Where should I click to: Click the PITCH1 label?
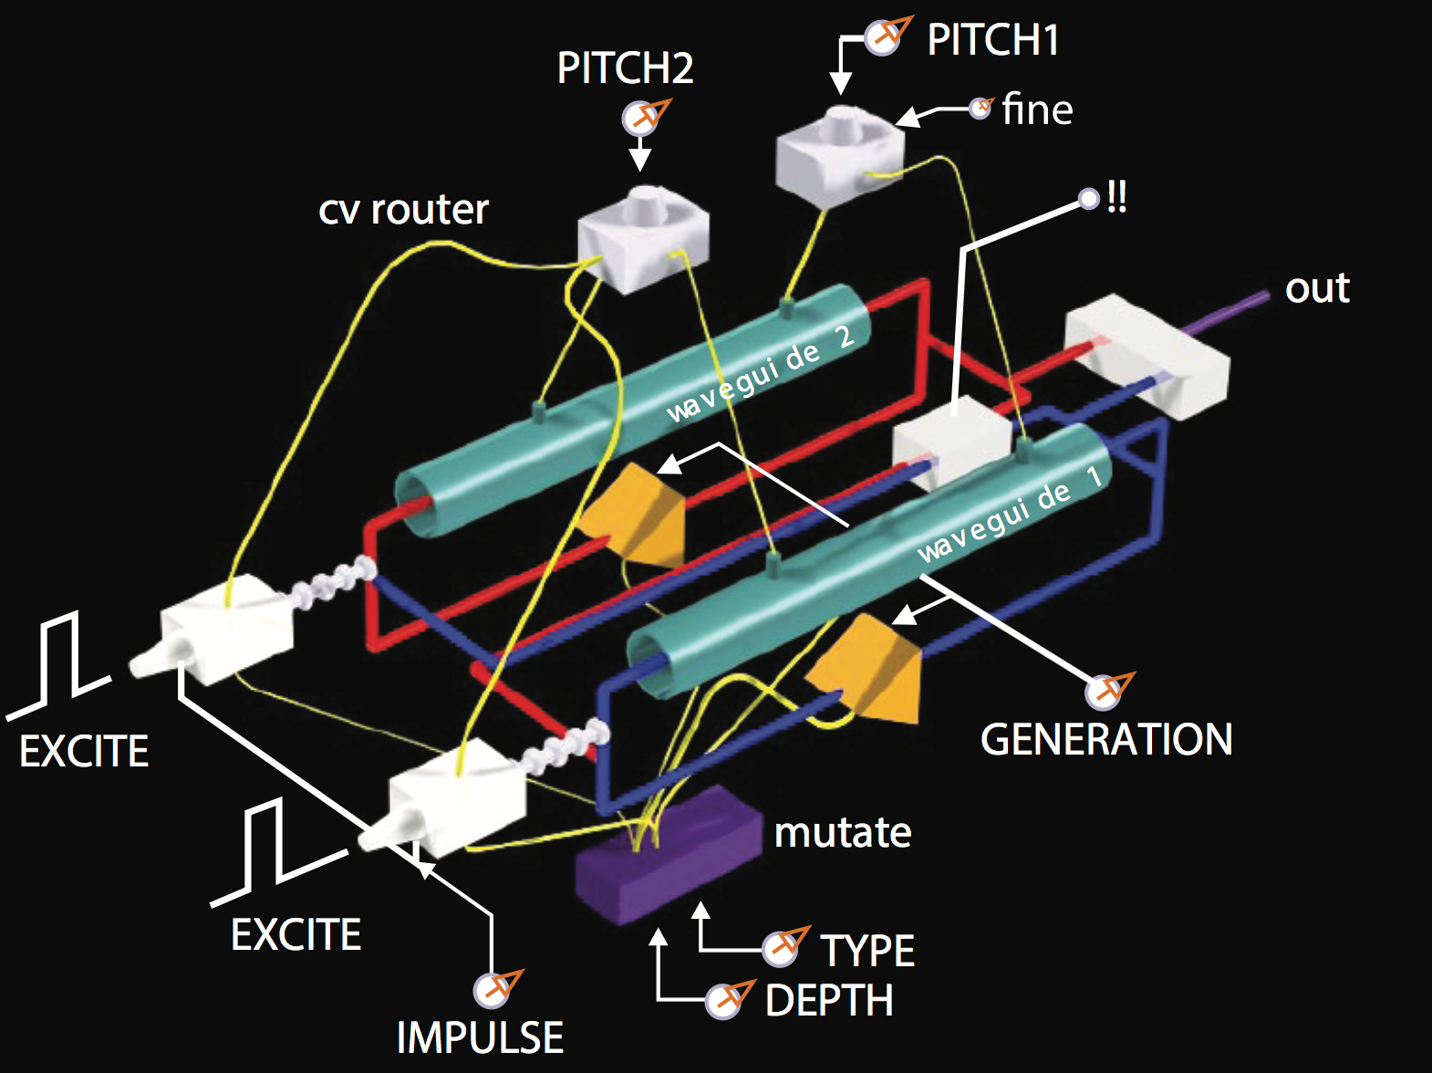(x=992, y=40)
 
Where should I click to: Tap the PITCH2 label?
(x=625, y=68)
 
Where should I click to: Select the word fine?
(x=1037, y=110)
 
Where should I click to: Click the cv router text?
(x=403, y=210)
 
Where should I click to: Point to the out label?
(x=1317, y=288)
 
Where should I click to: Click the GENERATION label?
(x=1105, y=739)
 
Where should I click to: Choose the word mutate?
(x=843, y=832)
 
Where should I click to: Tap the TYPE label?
(x=866, y=951)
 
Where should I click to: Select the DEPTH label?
(x=829, y=1001)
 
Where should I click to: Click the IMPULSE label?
(x=480, y=1037)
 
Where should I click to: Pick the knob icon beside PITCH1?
(x=883, y=36)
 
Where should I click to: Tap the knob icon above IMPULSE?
(x=493, y=989)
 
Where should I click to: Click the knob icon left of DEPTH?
(x=726, y=1000)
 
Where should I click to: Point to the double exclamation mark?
(x=1116, y=197)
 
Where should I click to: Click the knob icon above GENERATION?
(x=1105, y=691)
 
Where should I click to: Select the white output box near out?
(x=1147, y=356)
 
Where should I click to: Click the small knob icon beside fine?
(x=981, y=109)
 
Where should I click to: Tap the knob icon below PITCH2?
(x=641, y=118)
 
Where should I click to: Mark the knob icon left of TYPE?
(x=782, y=948)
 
